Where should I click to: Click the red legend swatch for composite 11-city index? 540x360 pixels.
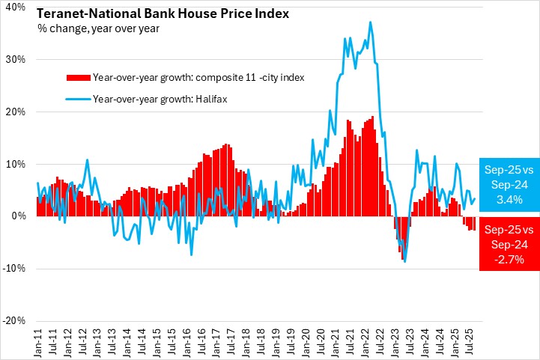tap(78, 77)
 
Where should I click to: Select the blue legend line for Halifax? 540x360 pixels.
tap(78, 98)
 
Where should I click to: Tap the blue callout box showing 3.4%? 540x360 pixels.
tap(509, 185)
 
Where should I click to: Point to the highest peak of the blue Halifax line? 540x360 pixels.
tap(370, 22)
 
